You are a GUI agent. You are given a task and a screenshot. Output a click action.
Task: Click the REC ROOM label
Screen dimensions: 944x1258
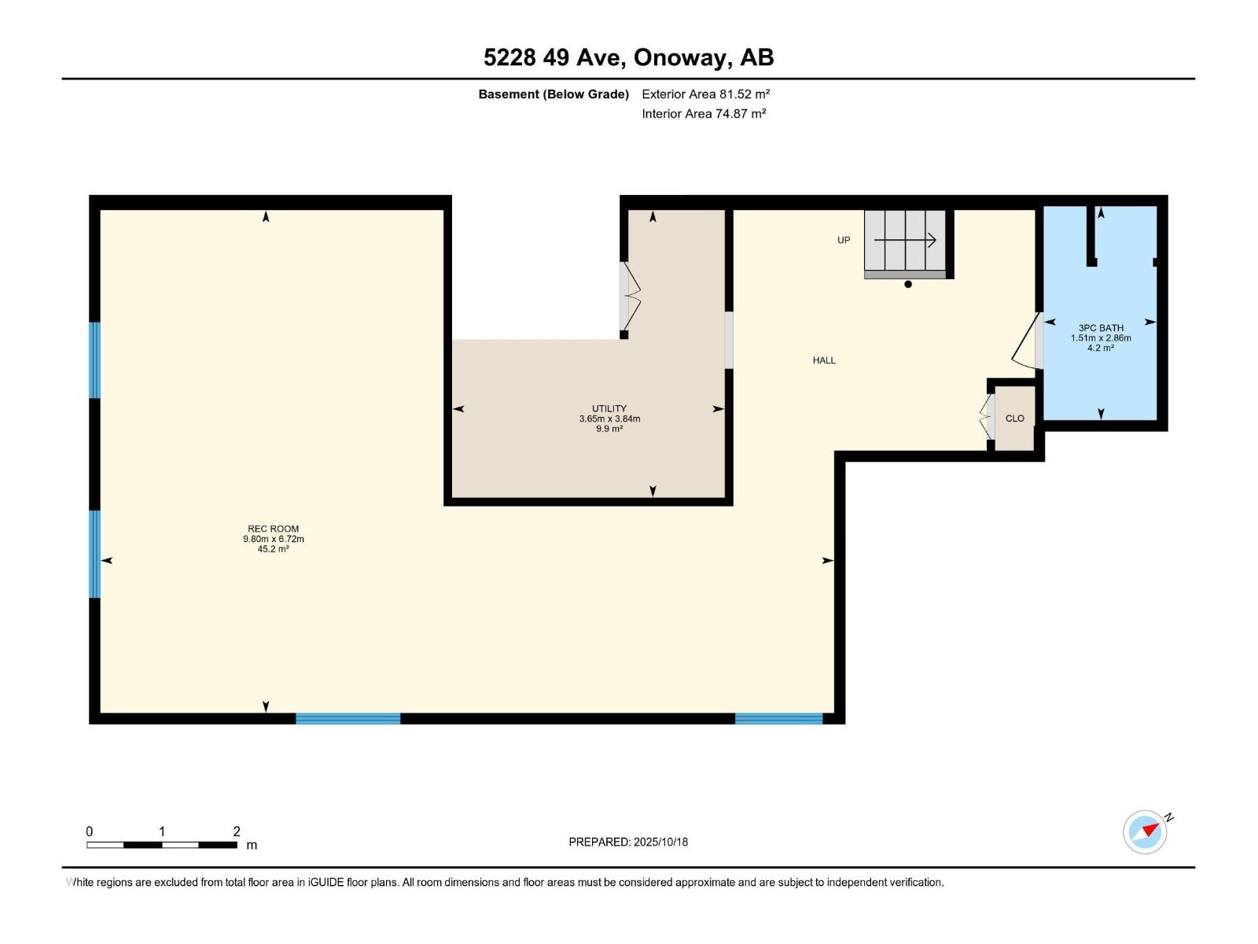tap(273, 529)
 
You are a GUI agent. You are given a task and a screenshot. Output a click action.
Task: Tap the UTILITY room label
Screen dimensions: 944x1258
tap(609, 409)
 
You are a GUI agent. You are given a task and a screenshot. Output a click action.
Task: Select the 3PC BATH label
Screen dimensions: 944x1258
tap(1100, 328)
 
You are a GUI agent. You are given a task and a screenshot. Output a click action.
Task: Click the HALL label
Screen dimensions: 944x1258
tap(824, 360)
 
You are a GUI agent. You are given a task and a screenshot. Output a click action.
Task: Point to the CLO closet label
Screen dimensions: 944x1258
tap(1014, 419)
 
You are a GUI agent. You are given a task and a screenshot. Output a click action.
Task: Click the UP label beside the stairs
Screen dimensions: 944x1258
tap(844, 240)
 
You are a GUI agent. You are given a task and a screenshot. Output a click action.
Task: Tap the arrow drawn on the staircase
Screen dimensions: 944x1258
tap(905, 240)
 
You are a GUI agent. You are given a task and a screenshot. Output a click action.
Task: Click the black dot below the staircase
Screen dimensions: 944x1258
tap(908, 285)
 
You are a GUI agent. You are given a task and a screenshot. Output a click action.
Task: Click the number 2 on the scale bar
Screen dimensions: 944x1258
tap(237, 832)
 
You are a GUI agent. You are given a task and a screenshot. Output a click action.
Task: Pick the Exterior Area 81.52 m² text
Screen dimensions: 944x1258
tap(705, 94)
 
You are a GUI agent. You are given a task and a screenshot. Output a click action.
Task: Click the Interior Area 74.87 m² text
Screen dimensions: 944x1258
tap(704, 113)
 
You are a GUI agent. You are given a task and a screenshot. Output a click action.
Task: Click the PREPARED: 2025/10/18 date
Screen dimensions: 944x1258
tap(628, 842)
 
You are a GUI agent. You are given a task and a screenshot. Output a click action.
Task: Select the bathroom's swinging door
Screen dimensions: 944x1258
tap(1024, 342)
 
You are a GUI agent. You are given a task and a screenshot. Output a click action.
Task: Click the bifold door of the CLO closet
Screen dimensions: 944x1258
tap(986, 417)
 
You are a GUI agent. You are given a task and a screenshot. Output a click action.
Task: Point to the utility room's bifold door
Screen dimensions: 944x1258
tap(631, 297)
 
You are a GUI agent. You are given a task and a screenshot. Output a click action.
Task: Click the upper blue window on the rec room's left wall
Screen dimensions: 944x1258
tap(95, 360)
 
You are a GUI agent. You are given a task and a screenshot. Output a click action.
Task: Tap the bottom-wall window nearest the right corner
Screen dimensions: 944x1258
tap(778, 718)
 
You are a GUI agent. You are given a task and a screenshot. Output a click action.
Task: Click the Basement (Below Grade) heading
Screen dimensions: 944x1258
tap(554, 94)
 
